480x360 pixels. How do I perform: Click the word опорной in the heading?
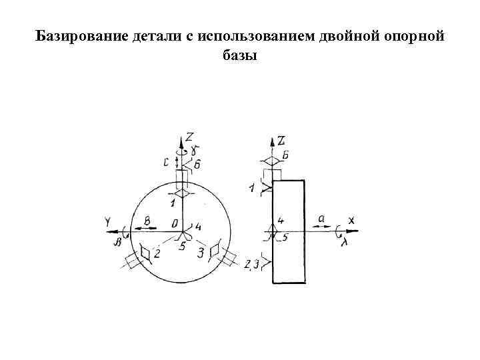click(413, 35)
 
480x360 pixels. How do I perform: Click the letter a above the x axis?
click(321, 218)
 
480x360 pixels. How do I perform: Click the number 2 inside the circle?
click(157, 253)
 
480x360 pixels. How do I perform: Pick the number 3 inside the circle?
click(200, 253)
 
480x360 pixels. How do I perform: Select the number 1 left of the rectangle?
click(251, 189)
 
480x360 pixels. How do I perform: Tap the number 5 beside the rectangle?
click(285, 236)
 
